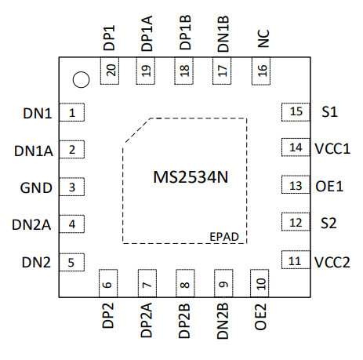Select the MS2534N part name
(191, 177)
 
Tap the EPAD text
(224, 237)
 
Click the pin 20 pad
(110, 71)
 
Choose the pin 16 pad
(261, 71)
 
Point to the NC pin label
(263, 38)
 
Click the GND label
(36, 188)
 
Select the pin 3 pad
(71, 187)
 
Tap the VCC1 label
(332, 149)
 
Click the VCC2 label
(332, 262)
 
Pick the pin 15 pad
(296, 112)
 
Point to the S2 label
(329, 224)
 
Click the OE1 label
(329, 187)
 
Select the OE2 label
(260, 317)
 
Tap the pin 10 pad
(260, 283)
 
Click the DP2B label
(184, 321)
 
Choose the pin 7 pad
(147, 283)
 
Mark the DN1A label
(34, 151)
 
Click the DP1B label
(185, 33)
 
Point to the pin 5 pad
(71, 262)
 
